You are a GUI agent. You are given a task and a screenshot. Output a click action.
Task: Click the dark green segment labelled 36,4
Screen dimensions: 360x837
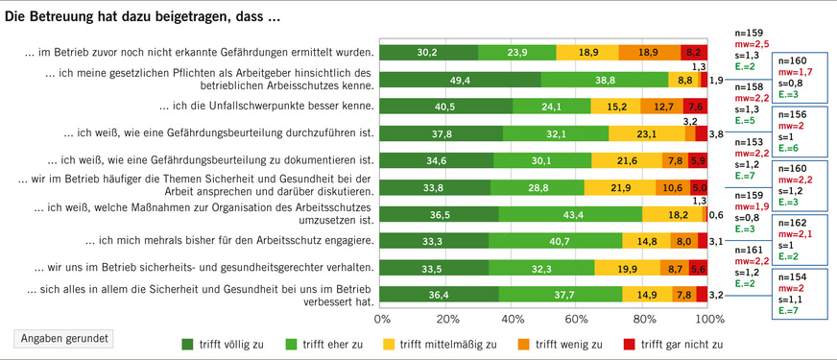[440, 296]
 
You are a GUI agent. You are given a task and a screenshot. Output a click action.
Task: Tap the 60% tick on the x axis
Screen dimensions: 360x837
[579, 318]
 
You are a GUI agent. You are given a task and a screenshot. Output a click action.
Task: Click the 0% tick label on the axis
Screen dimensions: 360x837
[381, 318]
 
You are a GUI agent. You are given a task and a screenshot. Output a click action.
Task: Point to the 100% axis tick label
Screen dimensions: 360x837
[708, 318]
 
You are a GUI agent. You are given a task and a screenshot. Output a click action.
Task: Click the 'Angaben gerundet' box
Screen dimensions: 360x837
[62, 338]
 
